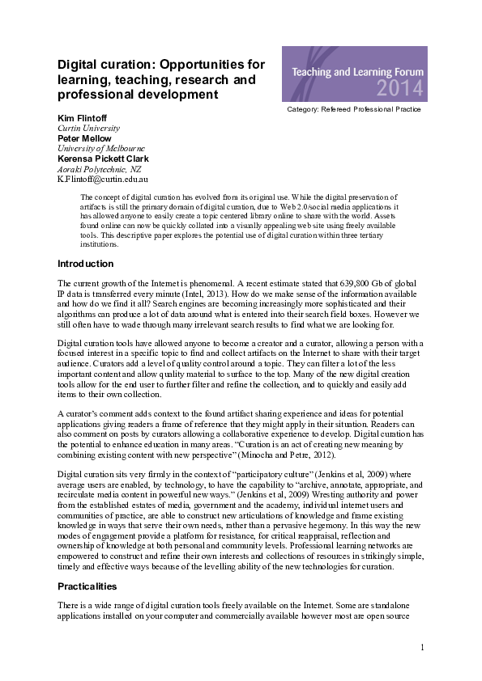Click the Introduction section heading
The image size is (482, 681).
pos(85,264)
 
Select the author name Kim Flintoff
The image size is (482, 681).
pos(81,118)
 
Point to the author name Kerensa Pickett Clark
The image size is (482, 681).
pos(103,159)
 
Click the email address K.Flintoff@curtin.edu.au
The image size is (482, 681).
pos(102,179)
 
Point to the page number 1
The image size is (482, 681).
pos(423,647)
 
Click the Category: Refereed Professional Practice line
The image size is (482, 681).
pos(354,108)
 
